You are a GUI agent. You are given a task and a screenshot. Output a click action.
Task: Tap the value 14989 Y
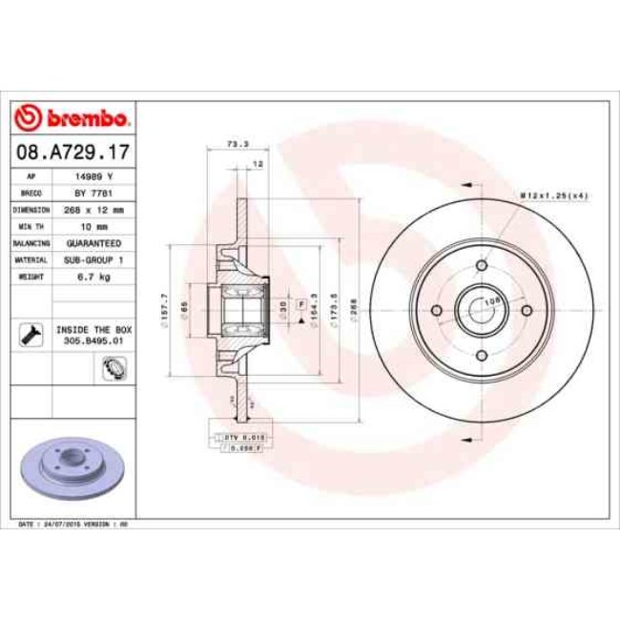(x=93, y=176)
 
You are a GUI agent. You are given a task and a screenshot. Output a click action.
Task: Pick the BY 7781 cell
(x=93, y=193)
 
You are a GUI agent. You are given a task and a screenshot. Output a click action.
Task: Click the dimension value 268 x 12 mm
(x=93, y=209)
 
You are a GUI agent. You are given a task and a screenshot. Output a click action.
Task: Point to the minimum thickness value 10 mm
(x=93, y=226)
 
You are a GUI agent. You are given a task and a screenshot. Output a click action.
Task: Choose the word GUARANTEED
(x=93, y=242)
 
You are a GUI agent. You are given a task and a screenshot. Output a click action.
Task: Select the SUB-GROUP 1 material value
(x=93, y=258)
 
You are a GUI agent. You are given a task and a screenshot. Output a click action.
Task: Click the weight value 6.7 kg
(x=93, y=276)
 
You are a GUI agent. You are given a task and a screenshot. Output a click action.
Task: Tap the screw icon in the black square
(x=29, y=333)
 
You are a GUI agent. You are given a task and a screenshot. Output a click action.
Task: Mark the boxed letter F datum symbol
(x=300, y=303)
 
